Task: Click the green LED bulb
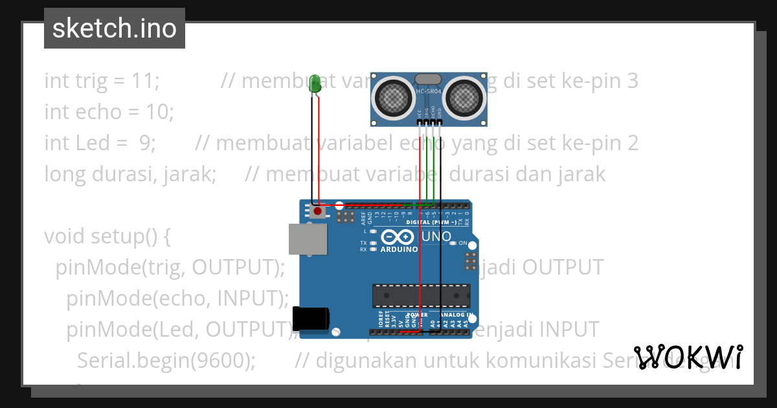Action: click(315, 84)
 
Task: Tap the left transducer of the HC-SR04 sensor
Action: click(393, 97)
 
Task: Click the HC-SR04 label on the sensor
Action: click(429, 92)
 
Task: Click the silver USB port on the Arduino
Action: click(308, 239)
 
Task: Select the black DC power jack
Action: click(311, 319)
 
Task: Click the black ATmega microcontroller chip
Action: click(421, 295)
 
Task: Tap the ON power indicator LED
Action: click(453, 244)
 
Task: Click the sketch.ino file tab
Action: click(115, 28)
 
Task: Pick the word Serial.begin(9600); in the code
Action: click(166, 359)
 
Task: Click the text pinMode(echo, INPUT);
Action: click(177, 298)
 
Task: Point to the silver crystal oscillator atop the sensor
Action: click(429, 79)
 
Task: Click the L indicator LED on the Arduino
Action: click(374, 231)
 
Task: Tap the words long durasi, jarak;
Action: click(130, 174)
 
